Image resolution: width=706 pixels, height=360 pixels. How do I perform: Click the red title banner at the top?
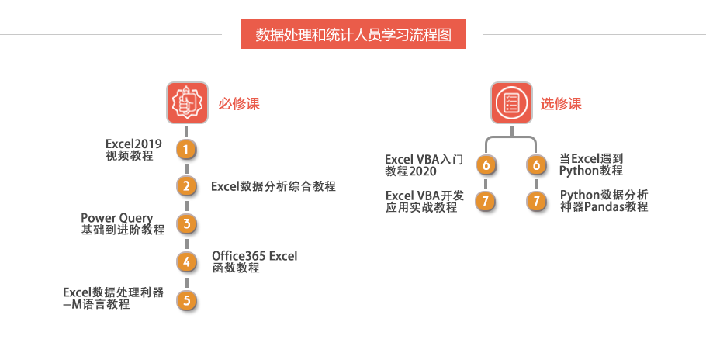coord(353,34)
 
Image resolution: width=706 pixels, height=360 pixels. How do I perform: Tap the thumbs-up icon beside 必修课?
coord(187,102)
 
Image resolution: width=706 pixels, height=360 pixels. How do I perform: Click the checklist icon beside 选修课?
coord(511,102)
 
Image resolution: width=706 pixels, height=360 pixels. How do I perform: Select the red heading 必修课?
coord(239,103)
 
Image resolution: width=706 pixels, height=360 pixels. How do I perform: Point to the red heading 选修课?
coord(561,103)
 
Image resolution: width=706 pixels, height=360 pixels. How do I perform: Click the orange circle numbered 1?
coord(186,150)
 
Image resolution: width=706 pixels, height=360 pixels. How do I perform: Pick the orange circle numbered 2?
coord(186,186)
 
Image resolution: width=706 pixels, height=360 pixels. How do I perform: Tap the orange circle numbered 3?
coord(186,223)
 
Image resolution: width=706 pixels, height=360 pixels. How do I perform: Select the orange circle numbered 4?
coord(186,261)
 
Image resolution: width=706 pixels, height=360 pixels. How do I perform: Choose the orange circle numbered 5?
coord(186,300)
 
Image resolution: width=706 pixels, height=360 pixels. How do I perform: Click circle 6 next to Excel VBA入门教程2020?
coord(486,164)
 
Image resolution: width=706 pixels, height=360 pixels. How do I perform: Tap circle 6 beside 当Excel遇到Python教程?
coord(536,164)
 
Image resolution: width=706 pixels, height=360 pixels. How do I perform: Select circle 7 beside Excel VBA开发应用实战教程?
coord(486,201)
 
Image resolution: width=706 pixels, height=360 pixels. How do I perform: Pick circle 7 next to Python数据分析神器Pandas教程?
coord(536,201)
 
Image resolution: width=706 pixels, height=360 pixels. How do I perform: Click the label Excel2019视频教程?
coord(133,150)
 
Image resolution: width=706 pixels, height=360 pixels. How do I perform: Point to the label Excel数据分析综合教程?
coord(273,186)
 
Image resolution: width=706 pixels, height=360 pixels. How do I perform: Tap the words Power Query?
coord(116,218)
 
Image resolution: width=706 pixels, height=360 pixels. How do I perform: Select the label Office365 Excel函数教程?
coord(254,262)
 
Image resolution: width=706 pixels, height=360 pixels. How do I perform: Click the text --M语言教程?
coord(96,305)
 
